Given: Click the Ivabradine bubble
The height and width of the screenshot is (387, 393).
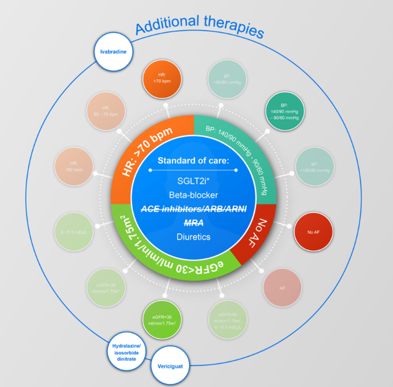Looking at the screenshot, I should tap(113, 52).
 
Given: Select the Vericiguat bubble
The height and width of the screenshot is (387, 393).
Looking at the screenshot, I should tap(170, 365).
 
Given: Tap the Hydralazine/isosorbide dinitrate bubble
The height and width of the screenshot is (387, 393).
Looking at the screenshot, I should tap(128, 348).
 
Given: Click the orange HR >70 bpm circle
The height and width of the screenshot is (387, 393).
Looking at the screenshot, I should tap(162, 78).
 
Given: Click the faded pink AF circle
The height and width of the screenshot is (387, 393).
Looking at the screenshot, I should tap(282, 288).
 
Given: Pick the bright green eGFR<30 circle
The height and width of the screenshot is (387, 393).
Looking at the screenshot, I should tap(161, 318).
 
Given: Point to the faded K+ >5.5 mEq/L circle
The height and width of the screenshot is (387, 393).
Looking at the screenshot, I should tap(74, 233).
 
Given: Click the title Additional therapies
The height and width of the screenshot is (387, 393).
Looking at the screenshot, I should tap(200, 27).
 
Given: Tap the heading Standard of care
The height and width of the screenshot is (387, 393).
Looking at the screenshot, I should tap(193, 161).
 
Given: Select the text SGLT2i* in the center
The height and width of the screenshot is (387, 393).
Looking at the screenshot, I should tap(193, 180).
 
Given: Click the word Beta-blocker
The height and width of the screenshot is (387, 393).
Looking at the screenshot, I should tap(193, 194).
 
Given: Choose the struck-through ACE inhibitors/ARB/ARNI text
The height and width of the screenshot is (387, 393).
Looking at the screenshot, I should tap(193, 209).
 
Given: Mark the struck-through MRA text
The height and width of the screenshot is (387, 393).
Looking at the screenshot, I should tap(193, 222).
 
